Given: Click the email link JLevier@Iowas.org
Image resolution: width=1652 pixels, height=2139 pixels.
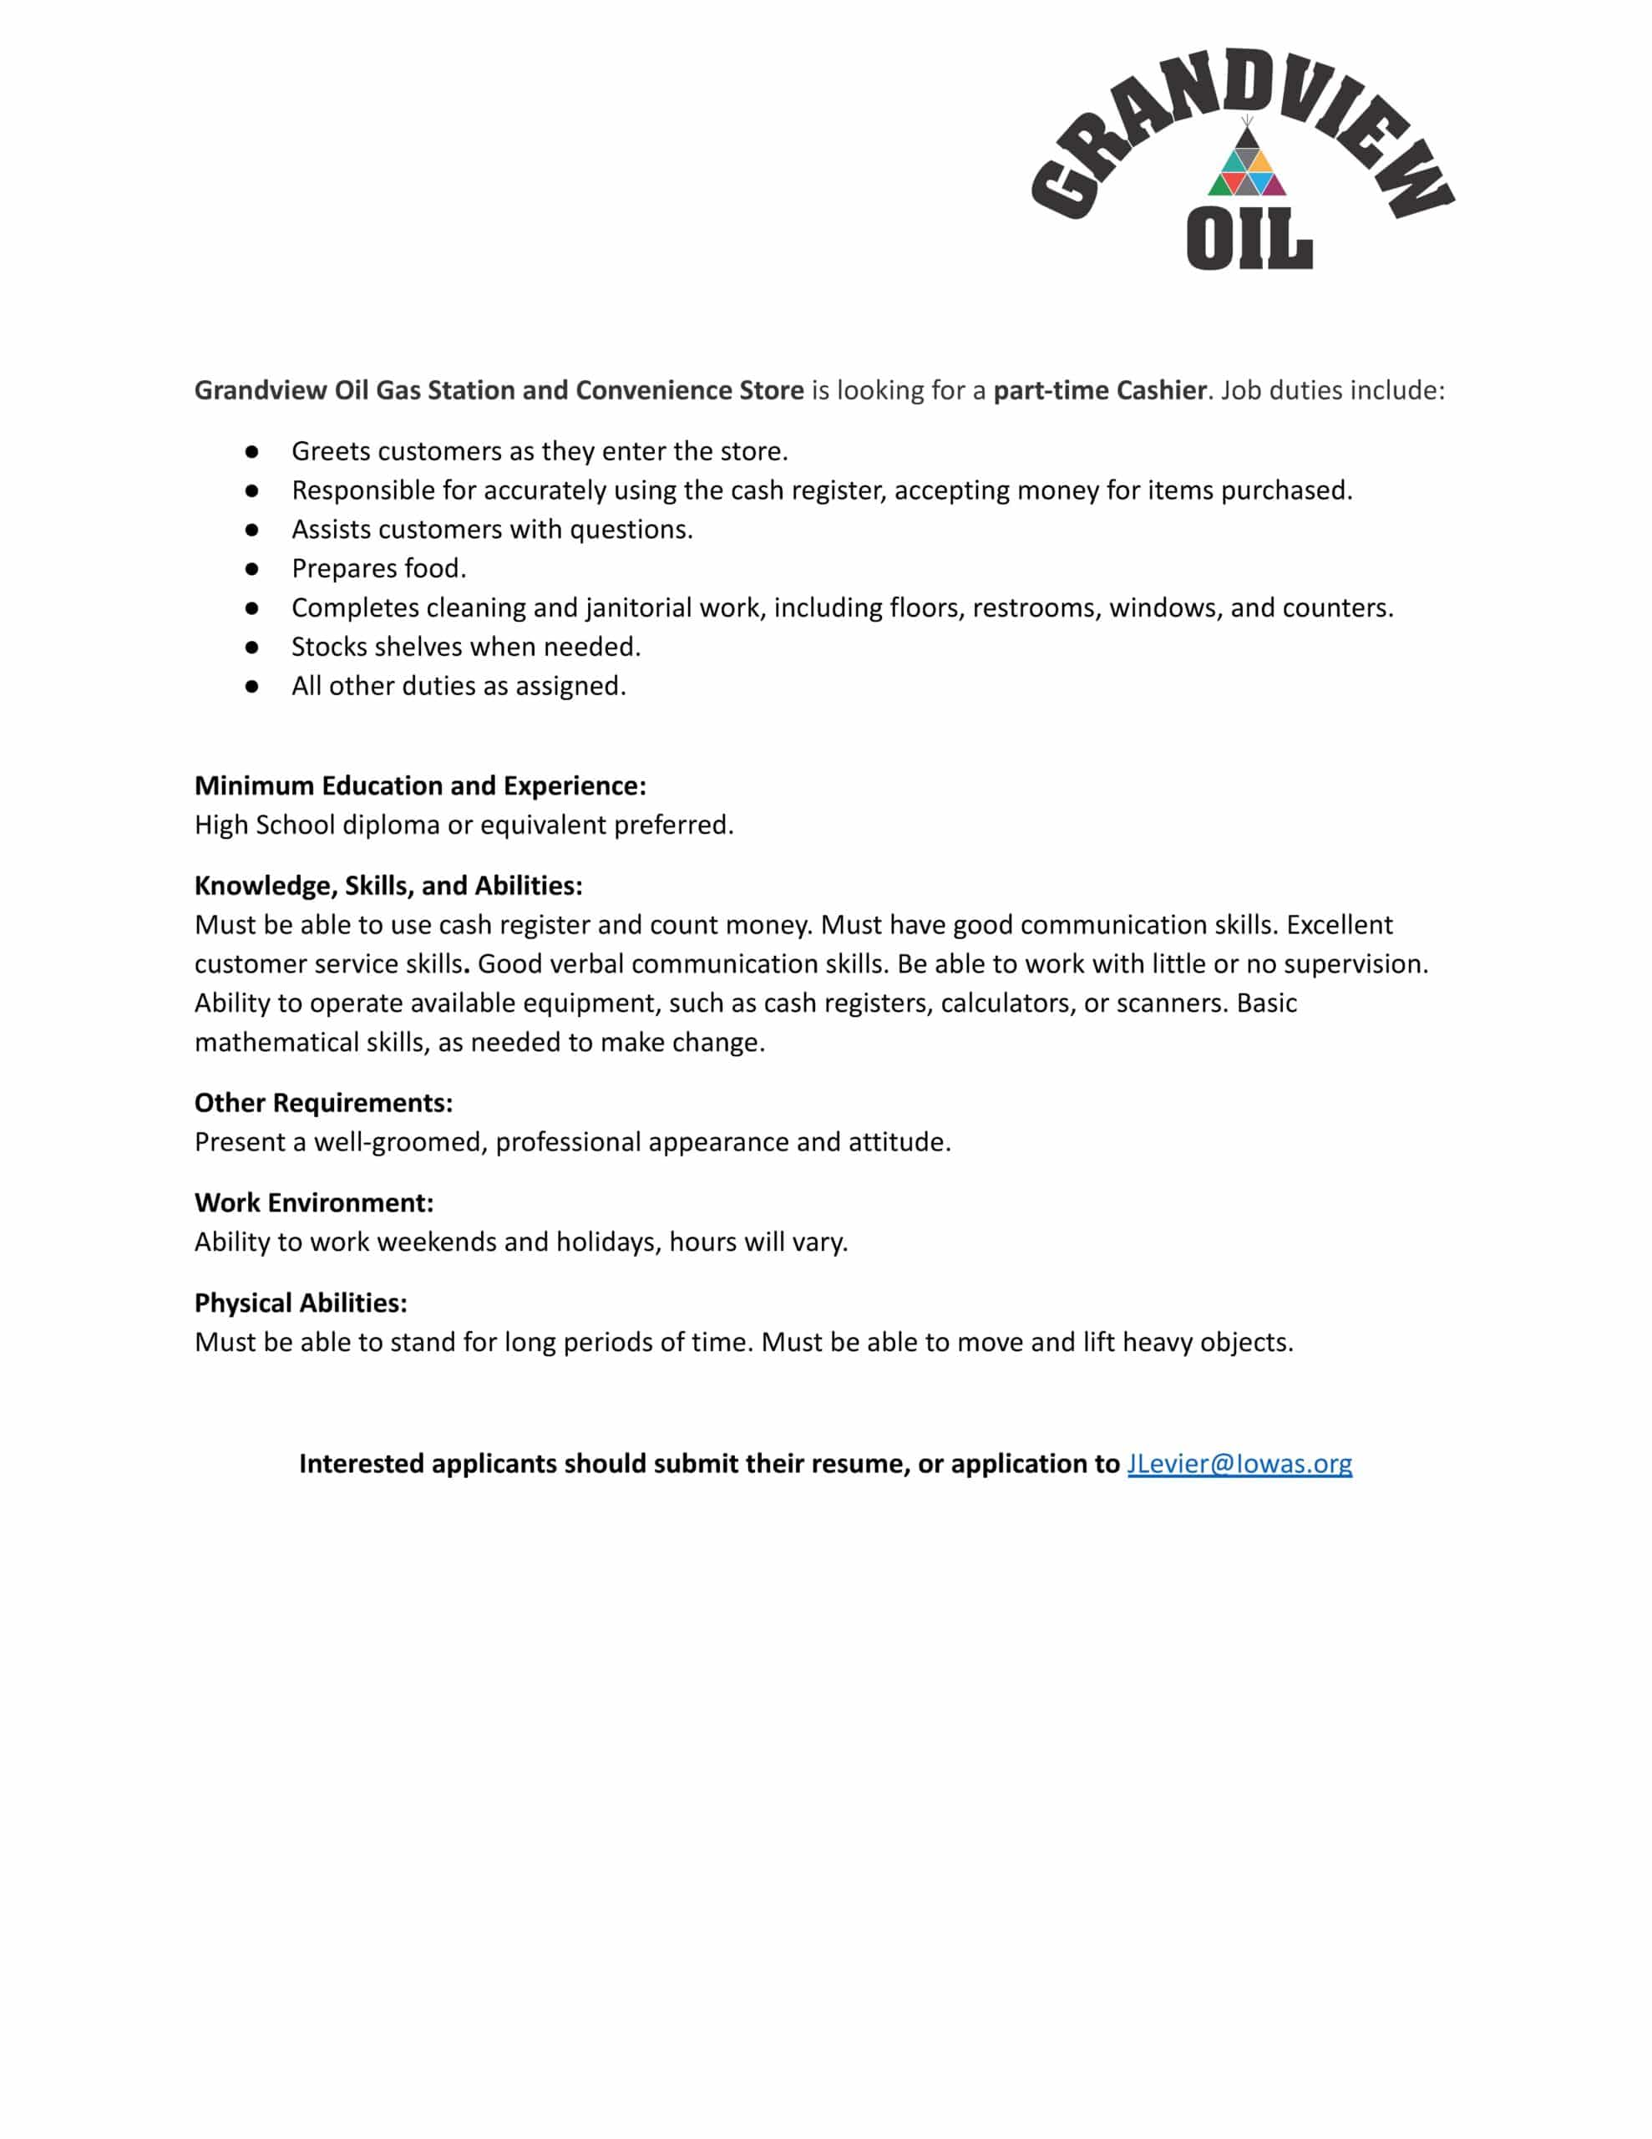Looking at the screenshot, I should click(x=1239, y=1463).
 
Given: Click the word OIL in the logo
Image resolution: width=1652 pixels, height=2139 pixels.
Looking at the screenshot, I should click(x=1249, y=240).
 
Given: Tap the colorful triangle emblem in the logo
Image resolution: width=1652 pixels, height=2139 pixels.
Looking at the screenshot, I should click(x=1247, y=165).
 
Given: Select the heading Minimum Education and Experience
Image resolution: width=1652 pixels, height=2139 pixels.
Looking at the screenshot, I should click(x=420, y=785).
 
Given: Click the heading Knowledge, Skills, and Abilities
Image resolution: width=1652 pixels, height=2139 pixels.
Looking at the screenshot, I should click(x=388, y=886).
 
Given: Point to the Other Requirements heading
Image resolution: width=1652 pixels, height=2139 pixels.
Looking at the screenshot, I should click(x=323, y=1103).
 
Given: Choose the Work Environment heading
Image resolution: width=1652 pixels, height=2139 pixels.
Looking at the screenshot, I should click(x=313, y=1202).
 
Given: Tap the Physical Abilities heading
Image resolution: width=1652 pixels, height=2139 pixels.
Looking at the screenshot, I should click(x=301, y=1303).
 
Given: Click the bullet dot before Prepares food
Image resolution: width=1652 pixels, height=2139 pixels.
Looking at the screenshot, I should click(x=251, y=568).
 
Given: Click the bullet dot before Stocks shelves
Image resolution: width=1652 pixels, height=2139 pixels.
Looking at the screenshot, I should click(x=251, y=647).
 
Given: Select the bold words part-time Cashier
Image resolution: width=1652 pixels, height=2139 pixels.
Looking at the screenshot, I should click(x=1100, y=390).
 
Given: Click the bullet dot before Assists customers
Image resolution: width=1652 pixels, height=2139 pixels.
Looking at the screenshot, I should click(x=251, y=529).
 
